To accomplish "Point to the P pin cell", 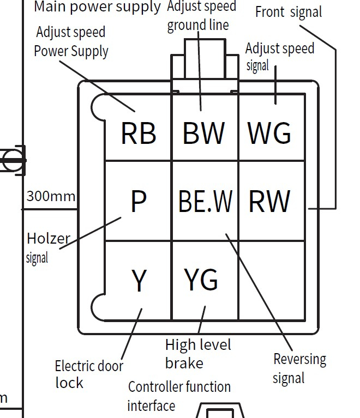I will [x=139, y=201].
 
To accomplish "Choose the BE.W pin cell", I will [x=205, y=201].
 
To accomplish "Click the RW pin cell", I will [x=269, y=201].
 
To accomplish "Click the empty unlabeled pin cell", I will [x=271, y=280].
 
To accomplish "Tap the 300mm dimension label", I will [x=51, y=196].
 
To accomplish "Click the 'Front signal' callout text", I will [x=289, y=12].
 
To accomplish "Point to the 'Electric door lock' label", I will [x=88, y=374].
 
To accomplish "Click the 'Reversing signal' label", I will [x=299, y=368].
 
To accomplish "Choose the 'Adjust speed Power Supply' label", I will [x=71, y=42].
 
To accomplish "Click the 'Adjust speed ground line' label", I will [x=201, y=16].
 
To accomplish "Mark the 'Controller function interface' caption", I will [x=178, y=396].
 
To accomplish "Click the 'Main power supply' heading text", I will [x=97, y=7].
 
